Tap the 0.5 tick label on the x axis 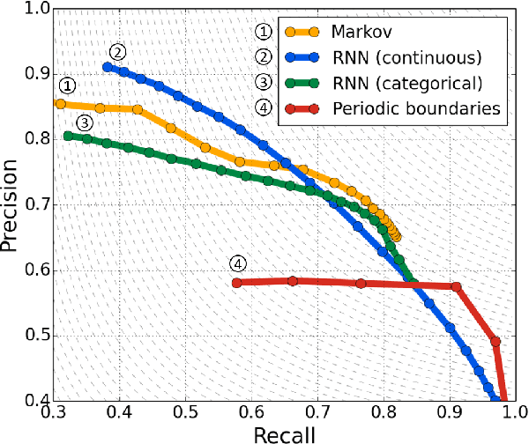186,412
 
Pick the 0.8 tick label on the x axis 384,412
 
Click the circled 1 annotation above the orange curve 67,86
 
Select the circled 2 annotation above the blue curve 118,51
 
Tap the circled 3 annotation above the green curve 85,122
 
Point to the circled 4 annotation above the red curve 237,263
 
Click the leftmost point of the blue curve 108,67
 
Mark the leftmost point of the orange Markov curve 60,104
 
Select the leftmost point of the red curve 236,283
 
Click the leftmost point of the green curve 68,136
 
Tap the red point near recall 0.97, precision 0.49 495,342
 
